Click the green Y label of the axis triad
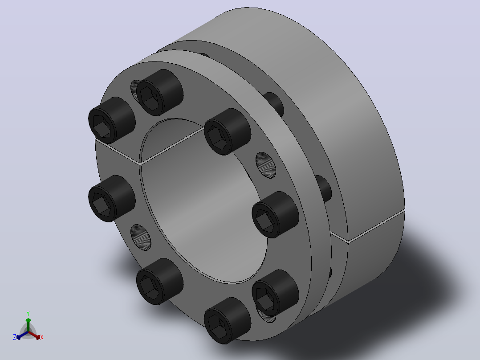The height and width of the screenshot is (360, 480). point(28,313)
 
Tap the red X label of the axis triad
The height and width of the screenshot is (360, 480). point(42,337)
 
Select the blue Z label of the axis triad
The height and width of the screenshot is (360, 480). point(15,337)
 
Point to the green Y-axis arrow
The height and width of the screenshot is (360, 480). point(28,325)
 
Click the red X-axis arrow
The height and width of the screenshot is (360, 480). point(34,335)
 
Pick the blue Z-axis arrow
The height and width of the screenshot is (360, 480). point(22,335)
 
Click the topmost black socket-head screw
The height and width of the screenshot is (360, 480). point(160,92)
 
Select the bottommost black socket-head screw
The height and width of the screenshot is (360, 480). point(228,320)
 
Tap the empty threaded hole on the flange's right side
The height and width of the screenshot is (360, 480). point(266,165)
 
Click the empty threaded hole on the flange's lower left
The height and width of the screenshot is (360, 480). point(141,237)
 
